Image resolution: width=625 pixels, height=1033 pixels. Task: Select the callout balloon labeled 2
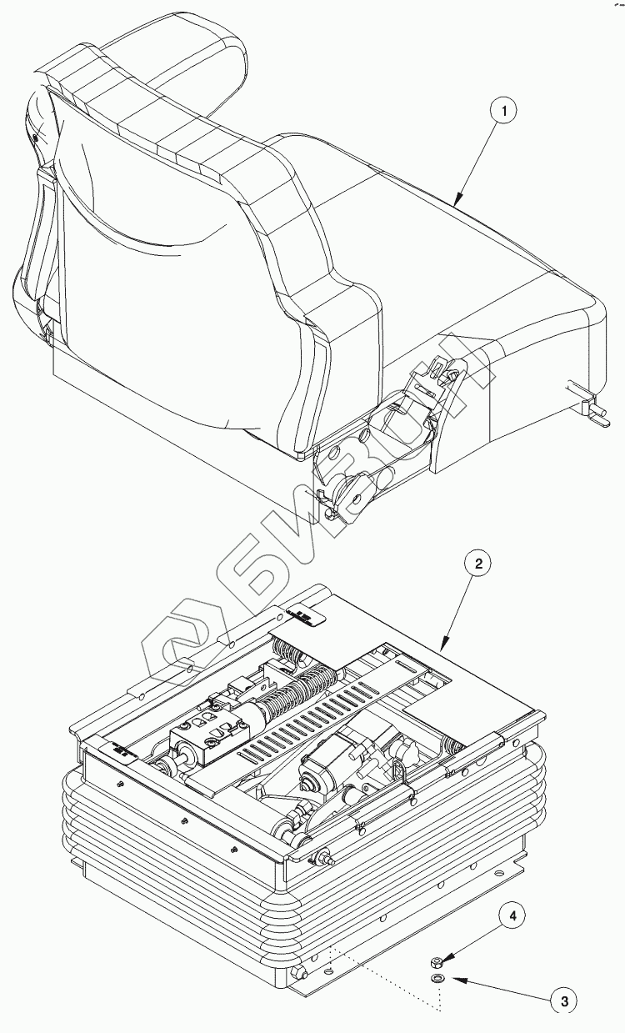click(478, 564)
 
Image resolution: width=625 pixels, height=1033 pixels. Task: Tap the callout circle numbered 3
click(565, 1000)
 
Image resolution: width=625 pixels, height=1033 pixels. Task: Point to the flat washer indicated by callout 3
click(437, 977)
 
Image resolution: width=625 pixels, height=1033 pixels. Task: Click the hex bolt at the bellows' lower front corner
click(300, 972)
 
